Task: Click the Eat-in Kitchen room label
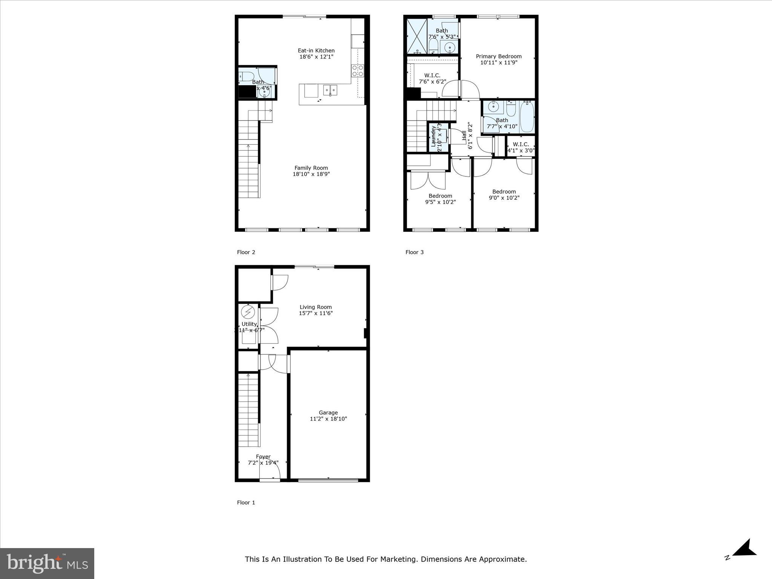click(316, 51)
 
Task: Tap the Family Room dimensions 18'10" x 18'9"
click(311, 174)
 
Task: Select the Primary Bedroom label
click(498, 56)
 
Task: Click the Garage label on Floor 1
click(328, 412)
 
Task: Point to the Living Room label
click(316, 307)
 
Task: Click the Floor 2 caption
click(246, 252)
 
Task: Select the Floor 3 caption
click(414, 252)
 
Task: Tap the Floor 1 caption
click(246, 502)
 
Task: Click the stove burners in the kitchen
click(357, 70)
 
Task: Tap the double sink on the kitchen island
click(330, 90)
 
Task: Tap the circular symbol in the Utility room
click(248, 312)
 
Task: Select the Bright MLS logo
click(47, 563)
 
